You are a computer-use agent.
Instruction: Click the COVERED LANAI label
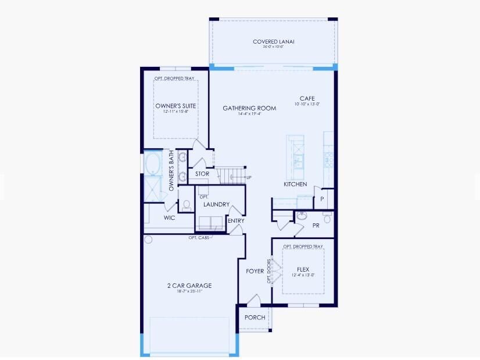coord(274,41)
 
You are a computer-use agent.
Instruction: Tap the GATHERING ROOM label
coord(249,108)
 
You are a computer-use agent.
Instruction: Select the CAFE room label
coord(307,98)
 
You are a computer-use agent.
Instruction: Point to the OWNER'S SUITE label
coord(175,106)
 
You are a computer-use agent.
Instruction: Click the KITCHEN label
coord(295,184)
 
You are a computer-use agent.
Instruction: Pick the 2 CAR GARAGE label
coord(189,286)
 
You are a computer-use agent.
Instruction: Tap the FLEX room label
coord(303,269)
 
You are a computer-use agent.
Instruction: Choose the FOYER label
coord(255,271)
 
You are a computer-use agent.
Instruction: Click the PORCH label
coord(255,318)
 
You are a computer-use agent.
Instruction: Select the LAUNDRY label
coord(216,205)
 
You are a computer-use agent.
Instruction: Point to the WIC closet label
coord(169,218)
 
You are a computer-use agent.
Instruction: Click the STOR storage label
coord(202,174)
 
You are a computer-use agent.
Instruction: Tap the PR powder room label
coord(316,225)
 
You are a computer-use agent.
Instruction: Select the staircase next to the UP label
coord(231,174)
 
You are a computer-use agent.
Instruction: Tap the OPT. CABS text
coord(198,237)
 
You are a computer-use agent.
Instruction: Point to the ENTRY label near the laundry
coord(236,220)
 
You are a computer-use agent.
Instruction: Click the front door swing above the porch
coord(253,301)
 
